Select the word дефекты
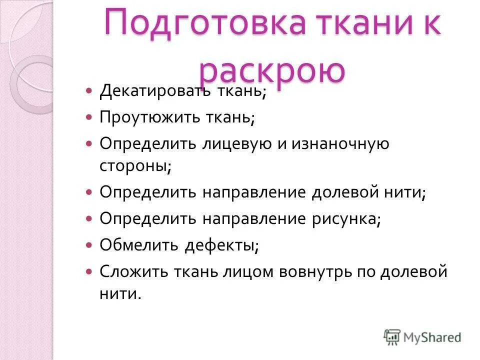tap(220, 245)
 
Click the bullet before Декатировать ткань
tap(89, 91)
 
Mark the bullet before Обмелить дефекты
tap(89, 245)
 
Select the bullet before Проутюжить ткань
tap(89, 118)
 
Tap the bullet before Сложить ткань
tap(89, 272)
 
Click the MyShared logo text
tap(433, 337)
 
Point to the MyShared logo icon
tap(393, 337)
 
